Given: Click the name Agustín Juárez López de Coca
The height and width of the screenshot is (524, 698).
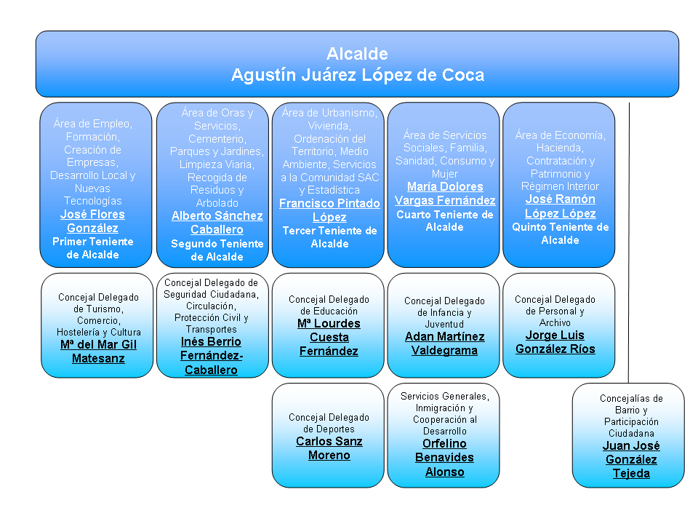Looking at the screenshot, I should coord(357,75).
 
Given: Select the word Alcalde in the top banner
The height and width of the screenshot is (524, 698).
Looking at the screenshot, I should coord(357,54).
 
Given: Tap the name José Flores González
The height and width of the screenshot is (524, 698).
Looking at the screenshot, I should coord(92,221).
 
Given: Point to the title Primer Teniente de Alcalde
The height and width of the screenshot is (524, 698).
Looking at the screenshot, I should coord(92,248).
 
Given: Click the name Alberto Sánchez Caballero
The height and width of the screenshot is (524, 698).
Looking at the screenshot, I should coord(217,223).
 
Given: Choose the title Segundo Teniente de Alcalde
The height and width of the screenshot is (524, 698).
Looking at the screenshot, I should coord(217,250).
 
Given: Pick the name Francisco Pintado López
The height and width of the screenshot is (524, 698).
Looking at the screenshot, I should coord(329,210).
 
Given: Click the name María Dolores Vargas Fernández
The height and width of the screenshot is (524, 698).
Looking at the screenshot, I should coord(445,194).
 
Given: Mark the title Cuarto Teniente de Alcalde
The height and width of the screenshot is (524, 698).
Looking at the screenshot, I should coord(445,221).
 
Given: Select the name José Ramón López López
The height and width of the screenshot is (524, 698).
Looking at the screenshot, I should coord(560,207).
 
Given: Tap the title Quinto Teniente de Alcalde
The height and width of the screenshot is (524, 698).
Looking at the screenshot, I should coord(560,234).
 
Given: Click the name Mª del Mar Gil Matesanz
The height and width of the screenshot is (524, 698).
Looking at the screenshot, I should coord(98,352).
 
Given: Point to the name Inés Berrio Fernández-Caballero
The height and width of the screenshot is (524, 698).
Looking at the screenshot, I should coord(212,355).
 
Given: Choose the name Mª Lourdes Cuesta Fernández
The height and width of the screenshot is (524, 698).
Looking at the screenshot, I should coord(329,338).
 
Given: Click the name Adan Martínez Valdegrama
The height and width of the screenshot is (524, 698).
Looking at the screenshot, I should coord(444,344).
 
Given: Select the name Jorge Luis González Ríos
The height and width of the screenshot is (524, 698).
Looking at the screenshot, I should coord(555,342).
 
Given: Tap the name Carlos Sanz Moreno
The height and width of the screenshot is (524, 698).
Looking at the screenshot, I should coord(329,448).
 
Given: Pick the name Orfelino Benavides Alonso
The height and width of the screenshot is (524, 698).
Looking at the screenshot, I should coord(444,458).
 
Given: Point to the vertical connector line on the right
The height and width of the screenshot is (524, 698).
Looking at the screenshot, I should coord(629,240).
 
